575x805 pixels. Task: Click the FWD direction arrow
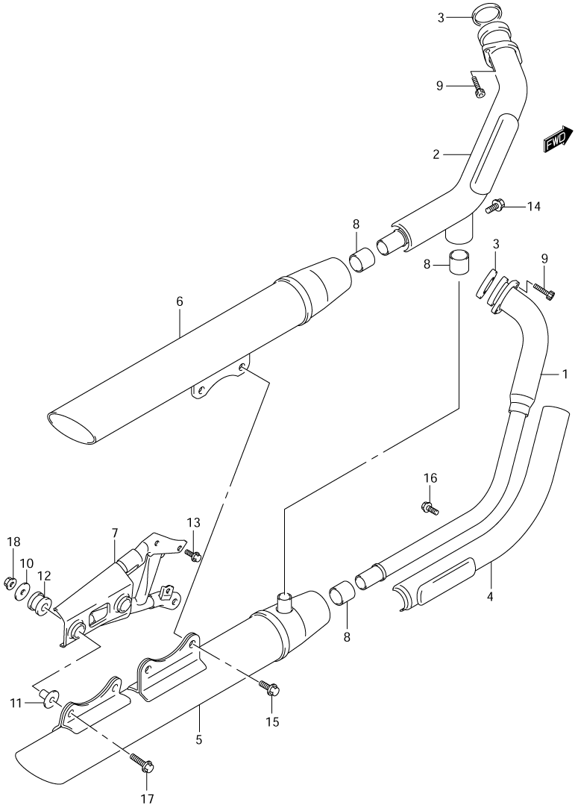[557, 140]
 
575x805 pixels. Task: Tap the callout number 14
[533, 207]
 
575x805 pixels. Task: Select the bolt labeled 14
[495, 206]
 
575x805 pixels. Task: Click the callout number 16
[430, 478]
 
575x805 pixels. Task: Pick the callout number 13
[193, 523]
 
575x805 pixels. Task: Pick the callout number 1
[565, 375]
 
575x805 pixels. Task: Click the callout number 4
[490, 597]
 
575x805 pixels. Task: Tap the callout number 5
[198, 740]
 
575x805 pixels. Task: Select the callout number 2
[436, 154]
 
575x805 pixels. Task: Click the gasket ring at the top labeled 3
[486, 17]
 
